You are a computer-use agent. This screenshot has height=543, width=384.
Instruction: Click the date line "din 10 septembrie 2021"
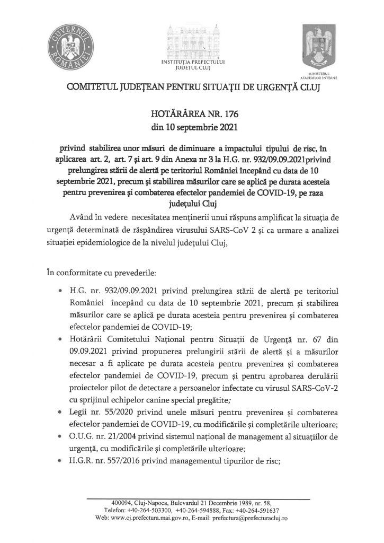192,127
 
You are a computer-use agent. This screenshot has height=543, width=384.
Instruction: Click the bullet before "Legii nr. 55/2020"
65,411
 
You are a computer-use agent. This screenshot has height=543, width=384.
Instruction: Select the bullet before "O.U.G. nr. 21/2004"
65,436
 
